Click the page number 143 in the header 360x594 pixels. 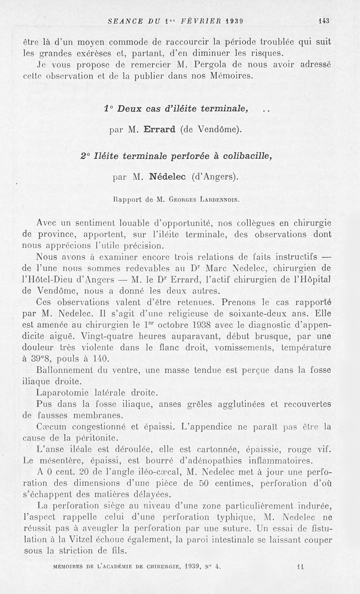pos(324,20)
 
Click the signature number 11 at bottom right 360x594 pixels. pos(301,567)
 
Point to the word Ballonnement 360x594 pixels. pos(66,369)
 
